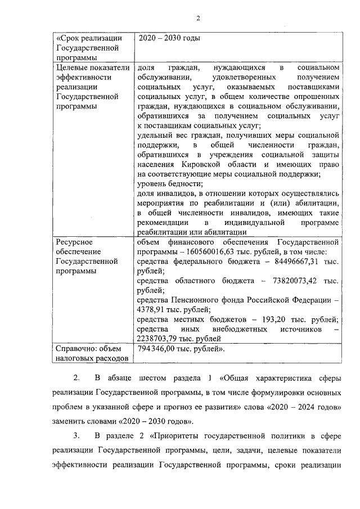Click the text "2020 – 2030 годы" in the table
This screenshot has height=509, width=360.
(169, 38)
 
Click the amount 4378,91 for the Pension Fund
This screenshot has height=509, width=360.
(153, 309)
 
